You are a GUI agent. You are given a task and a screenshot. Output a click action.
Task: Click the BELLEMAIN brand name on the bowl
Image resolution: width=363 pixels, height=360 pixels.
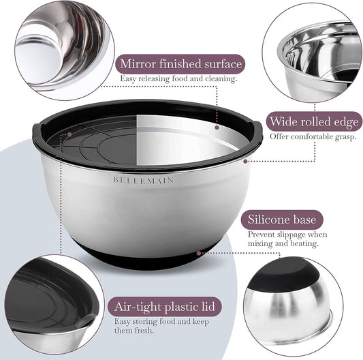pos(144,181)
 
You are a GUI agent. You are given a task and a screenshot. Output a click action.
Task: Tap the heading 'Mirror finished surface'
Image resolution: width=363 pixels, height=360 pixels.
pos(180,63)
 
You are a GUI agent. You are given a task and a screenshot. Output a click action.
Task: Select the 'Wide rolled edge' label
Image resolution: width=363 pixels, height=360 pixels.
pos(314,121)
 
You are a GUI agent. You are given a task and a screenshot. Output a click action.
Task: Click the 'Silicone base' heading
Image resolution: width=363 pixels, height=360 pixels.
pos(282,220)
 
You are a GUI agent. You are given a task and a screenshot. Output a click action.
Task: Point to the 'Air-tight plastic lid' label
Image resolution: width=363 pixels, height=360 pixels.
pos(165,306)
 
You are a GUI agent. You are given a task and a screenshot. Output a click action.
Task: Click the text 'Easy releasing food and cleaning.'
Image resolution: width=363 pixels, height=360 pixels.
pos(178,79)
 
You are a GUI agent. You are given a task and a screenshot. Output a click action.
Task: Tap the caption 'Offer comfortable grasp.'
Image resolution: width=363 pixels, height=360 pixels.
pos(313,136)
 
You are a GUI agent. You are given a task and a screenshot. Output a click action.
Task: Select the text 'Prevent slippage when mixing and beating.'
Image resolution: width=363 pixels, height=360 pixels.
pos(287,239)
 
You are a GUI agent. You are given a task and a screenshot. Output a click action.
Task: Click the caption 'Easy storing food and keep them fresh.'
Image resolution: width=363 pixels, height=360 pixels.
pos(161,326)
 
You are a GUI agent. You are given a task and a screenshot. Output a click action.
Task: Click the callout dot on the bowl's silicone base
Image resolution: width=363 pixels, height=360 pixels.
pos(199,253)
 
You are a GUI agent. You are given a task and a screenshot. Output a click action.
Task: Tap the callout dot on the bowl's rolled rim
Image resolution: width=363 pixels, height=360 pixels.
pos(245,162)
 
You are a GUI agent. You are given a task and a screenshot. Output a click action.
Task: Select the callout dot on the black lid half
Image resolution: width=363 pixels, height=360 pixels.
pos(69,134)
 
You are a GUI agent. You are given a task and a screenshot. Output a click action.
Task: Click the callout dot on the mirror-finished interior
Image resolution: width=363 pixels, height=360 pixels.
pos(217,127)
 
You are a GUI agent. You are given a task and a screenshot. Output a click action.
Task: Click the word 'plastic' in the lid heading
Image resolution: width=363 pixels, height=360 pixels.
pos(180,307)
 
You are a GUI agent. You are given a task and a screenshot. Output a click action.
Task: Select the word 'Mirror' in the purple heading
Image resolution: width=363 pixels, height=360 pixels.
pos(138,63)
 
